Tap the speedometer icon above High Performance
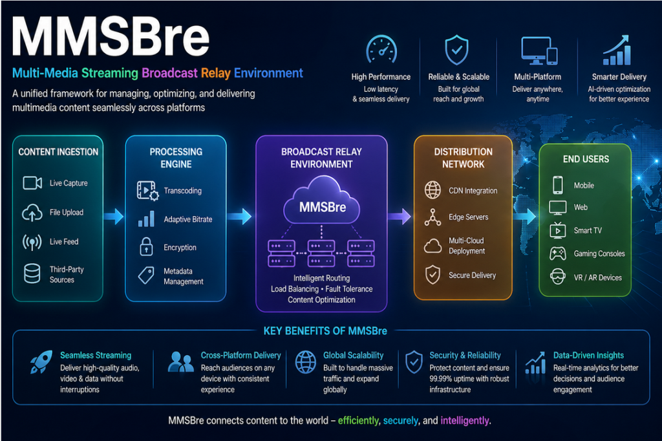(381, 50)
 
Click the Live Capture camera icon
(32, 183)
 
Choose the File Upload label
(67, 212)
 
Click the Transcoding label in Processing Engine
(183, 191)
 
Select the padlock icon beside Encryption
(146, 247)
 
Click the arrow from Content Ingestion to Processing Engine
(114, 216)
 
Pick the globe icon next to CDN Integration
(432, 190)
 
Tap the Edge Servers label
(469, 217)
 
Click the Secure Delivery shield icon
(432, 275)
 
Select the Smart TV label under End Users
(588, 231)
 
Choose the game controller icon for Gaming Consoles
(557, 253)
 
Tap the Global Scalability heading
(353, 355)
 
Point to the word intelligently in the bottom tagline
(465, 420)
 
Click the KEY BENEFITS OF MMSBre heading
(325, 331)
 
